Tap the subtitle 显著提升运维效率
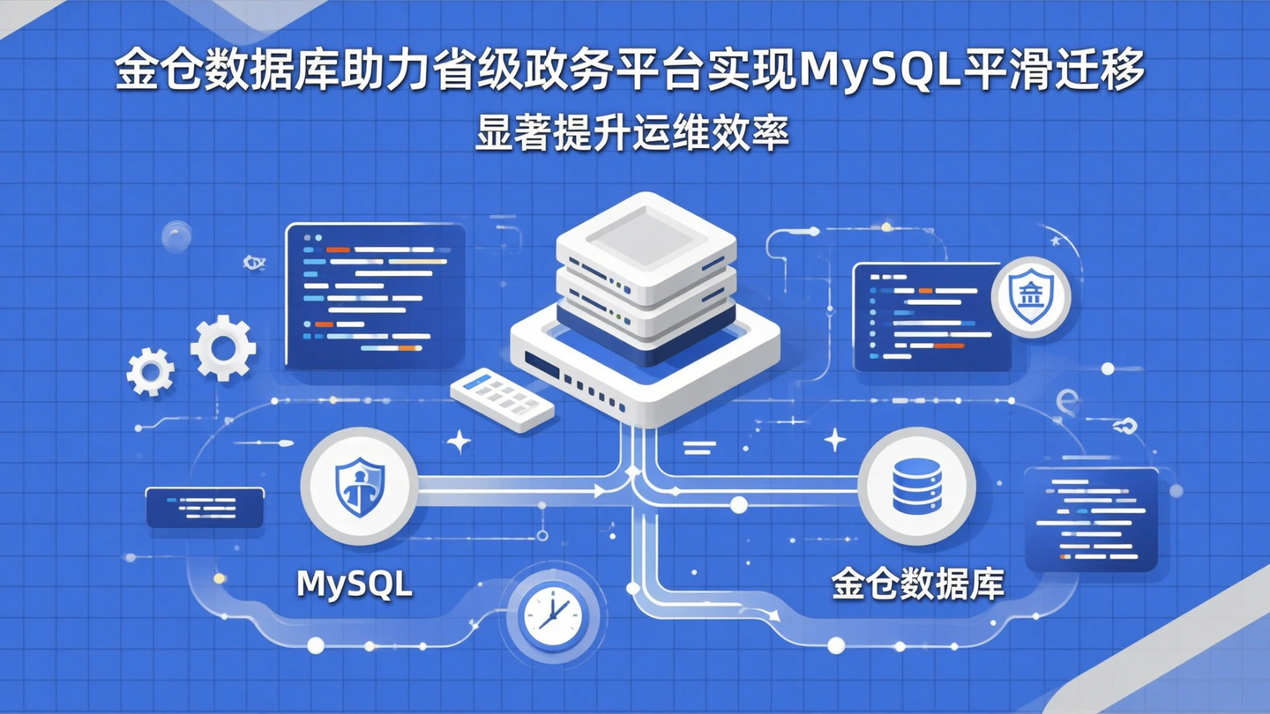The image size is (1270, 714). pyautogui.click(x=631, y=134)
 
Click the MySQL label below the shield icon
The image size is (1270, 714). pyautogui.click(x=355, y=584)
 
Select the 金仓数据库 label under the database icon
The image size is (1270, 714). pyautogui.click(x=918, y=584)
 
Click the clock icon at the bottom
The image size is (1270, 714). pyautogui.click(x=552, y=615)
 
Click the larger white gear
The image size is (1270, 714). pyautogui.click(x=223, y=348)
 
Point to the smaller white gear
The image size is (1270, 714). pyautogui.click(x=150, y=371)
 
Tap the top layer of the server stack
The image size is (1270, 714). pyautogui.click(x=646, y=235)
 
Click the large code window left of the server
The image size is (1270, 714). pyautogui.click(x=375, y=295)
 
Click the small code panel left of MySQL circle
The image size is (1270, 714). pyautogui.click(x=205, y=508)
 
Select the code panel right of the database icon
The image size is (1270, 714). pyautogui.click(x=1091, y=520)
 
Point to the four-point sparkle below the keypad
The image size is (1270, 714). pyautogui.click(x=459, y=442)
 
